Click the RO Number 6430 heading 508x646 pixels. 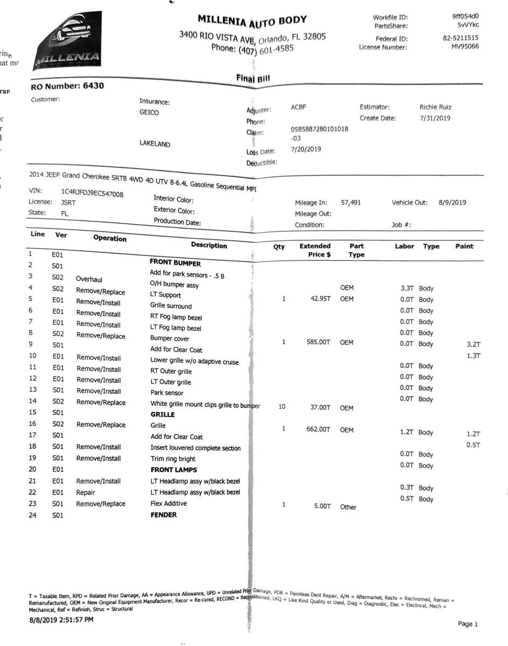67,86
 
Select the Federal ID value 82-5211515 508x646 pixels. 461,38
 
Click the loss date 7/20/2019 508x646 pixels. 305,149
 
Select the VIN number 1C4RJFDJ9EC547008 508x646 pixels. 92,192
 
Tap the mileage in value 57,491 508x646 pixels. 351,203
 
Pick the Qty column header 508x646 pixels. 279,247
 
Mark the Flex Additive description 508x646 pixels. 169,503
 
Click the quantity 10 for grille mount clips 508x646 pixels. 282,407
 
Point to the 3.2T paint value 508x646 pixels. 473,344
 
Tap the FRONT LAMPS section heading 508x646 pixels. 173,470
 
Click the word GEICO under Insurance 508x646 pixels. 149,113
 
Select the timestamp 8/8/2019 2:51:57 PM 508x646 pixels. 61,620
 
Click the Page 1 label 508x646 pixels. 467,624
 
